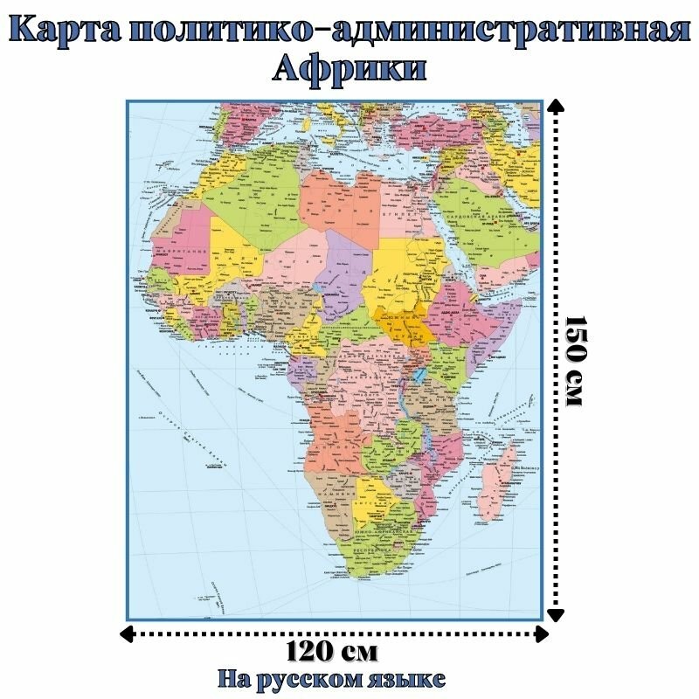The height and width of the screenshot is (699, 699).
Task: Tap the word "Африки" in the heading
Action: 349,69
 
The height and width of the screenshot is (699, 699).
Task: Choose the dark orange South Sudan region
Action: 402,323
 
